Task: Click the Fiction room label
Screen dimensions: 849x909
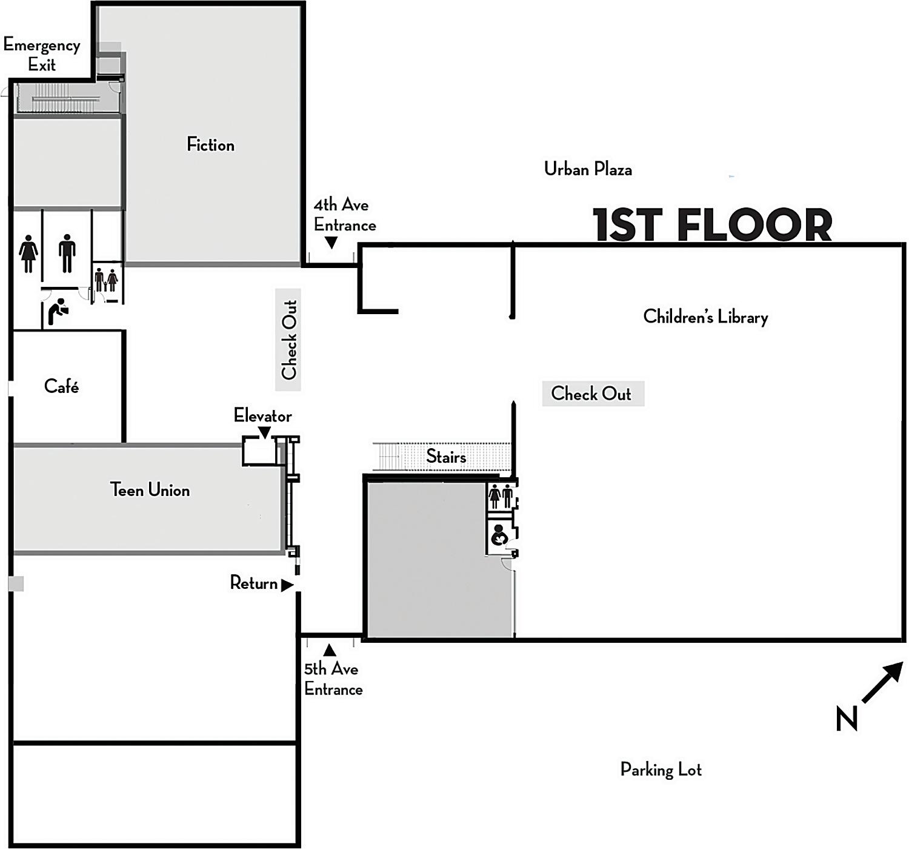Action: [x=210, y=145]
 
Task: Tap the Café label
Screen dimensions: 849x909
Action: [x=61, y=386]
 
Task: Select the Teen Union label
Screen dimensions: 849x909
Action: [x=150, y=490]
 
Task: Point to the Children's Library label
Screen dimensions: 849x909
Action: [x=705, y=317]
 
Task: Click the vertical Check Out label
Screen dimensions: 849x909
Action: [x=289, y=340]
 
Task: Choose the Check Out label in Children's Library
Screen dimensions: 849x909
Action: [x=591, y=394]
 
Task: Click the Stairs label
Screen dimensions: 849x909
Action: [x=446, y=457]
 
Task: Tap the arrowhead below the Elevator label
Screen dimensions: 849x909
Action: [x=264, y=432]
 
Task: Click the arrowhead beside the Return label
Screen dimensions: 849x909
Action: [x=287, y=585]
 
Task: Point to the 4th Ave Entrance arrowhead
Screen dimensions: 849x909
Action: [x=331, y=243]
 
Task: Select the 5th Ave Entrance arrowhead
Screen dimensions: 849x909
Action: [x=329, y=650]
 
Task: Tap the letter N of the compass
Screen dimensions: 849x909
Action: [x=847, y=719]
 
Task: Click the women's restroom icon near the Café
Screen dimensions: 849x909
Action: [x=28, y=253]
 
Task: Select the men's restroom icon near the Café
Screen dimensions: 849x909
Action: [x=67, y=253]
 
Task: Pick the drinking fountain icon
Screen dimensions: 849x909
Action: [x=58, y=311]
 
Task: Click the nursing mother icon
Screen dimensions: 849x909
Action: [x=499, y=535]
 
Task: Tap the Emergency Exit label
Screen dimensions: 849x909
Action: [x=42, y=55]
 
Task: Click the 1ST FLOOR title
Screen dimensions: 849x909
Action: [x=712, y=225]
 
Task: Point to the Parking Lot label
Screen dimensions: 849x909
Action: [x=661, y=770]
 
